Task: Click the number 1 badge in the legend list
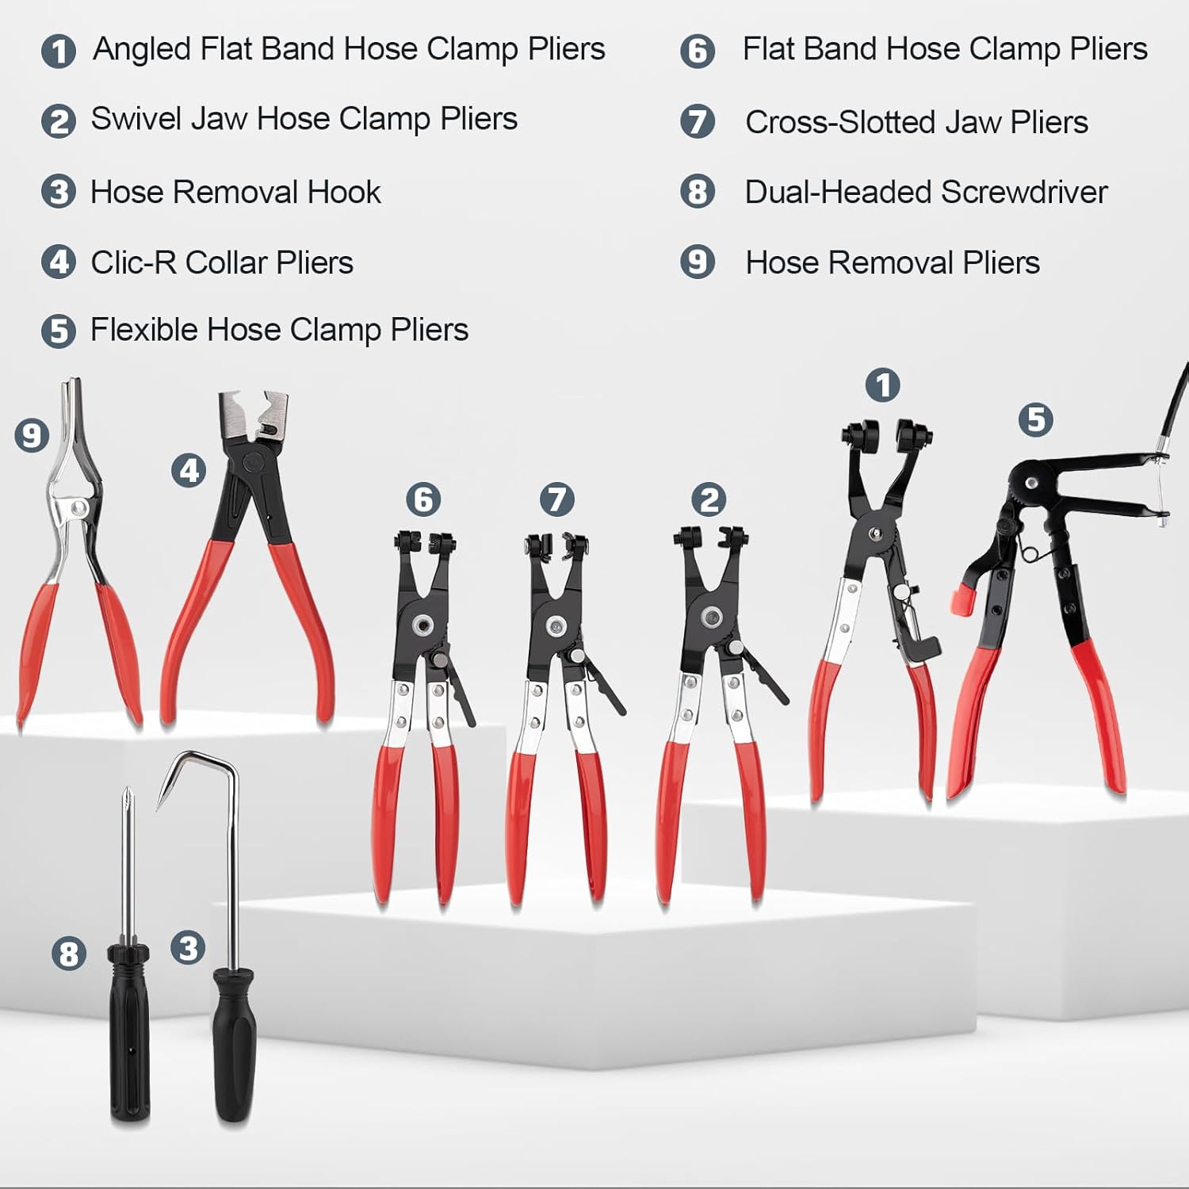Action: click(x=59, y=52)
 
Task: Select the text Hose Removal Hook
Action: click(x=235, y=193)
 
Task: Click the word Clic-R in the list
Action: click(x=133, y=263)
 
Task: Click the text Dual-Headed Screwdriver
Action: click(x=925, y=193)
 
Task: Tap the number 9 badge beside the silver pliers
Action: click(x=32, y=435)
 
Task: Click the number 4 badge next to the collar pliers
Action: click(x=189, y=471)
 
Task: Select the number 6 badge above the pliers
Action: click(x=423, y=499)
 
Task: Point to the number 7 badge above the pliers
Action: click(x=557, y=499)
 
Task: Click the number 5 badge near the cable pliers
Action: click(x=1035, y=419)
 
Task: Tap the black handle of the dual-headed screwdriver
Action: click(x=129, y=1030)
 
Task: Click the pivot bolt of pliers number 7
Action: click(x=556, y=625)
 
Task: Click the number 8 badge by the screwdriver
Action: click(x=69, y=953)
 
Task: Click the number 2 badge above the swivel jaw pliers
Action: click(x=709, y=499)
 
